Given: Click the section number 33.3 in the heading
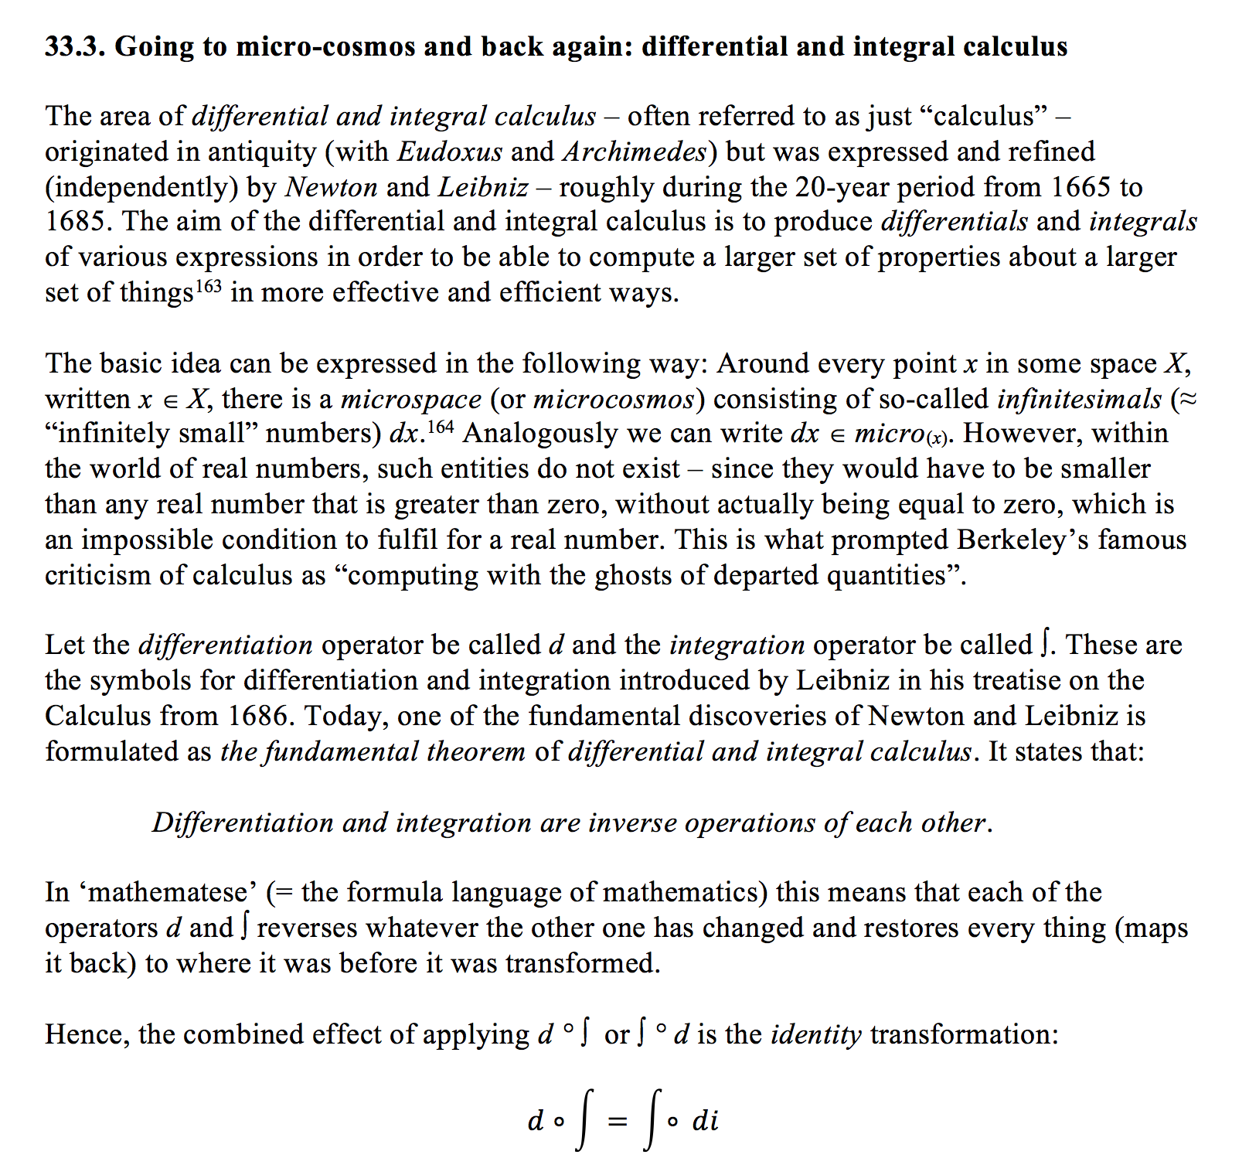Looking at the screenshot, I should pyautogui.click(x=75, y=47).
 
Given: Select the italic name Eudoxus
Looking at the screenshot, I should pyautogui.click(x=450, y=152).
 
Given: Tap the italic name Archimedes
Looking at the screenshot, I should pyautogui.click(x=635, y=152).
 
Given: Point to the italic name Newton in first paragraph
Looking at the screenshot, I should pyautogui.click(x=332, y=187).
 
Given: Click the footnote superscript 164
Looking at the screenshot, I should pyautogui.click(x=441, y=427).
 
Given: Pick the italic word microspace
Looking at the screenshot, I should pyautogui.click(x=411, y=399).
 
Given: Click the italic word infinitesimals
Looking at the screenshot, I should pyautogui.click(x=1080, y=399).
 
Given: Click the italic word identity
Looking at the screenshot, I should pyautogui.click(x=816, y=1034).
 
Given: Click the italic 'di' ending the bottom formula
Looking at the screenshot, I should pyautogui.click(x=705, y=1121).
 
